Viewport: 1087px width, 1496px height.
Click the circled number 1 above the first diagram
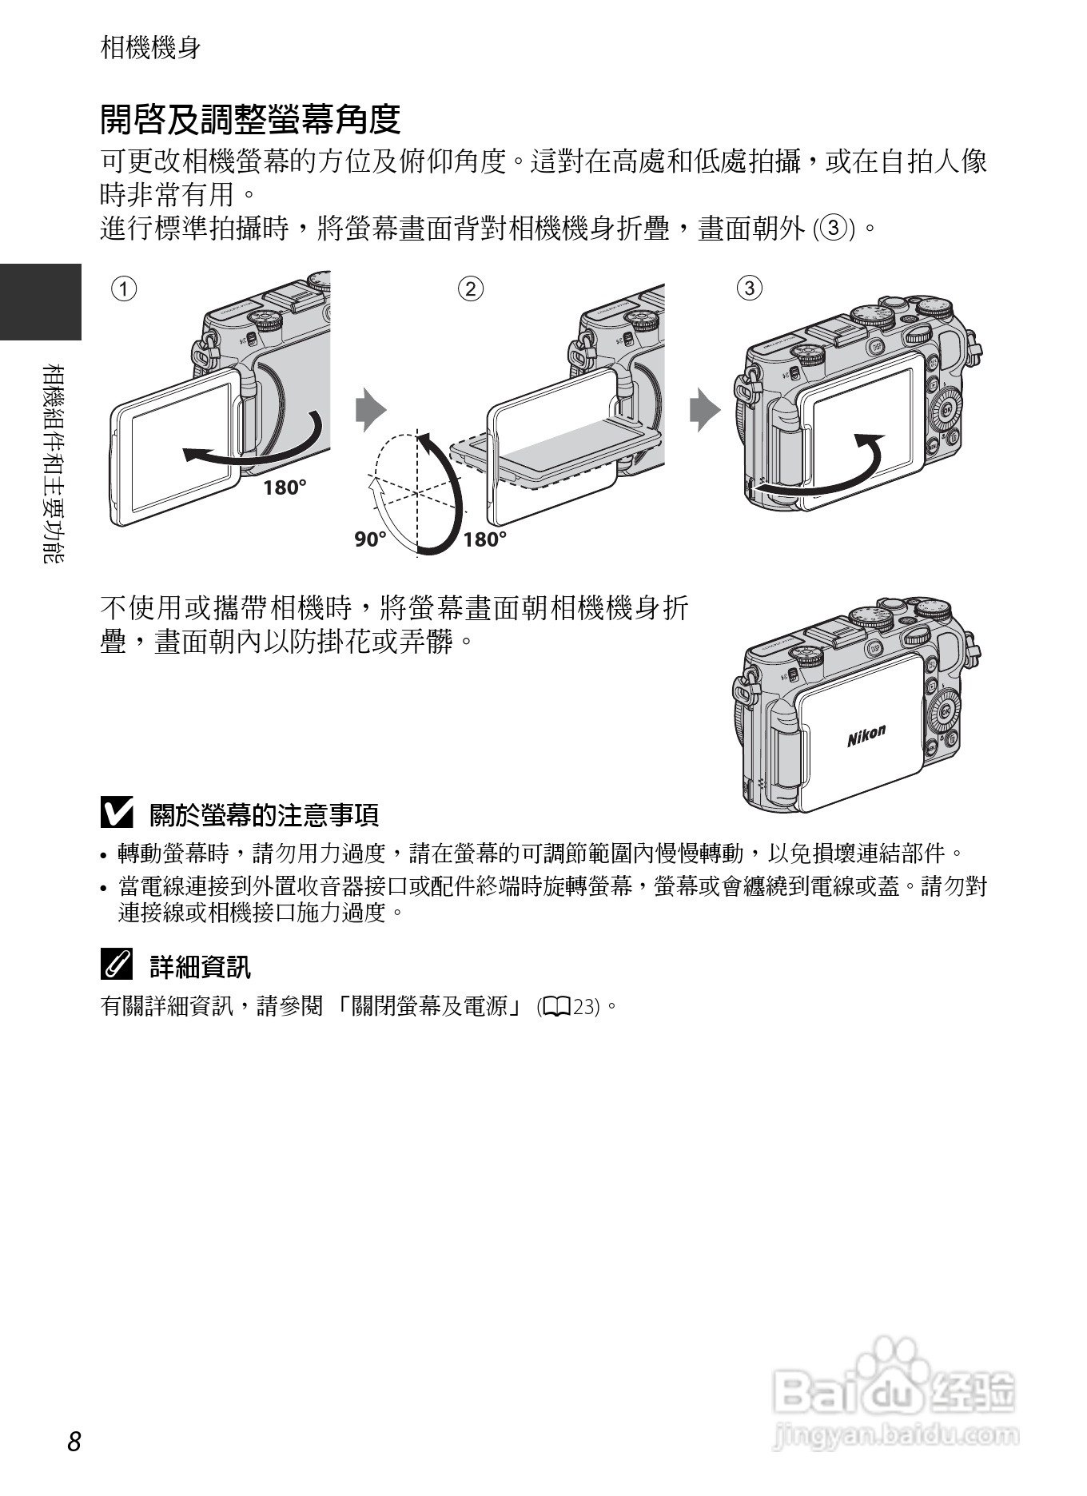tap(124, 288)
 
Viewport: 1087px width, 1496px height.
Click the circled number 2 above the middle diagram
tap(471, 288)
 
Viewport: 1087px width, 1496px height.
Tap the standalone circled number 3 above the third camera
tap(749, 288)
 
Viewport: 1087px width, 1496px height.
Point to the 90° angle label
tap(370, 540)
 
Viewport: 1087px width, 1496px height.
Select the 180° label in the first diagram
tap(285, 487)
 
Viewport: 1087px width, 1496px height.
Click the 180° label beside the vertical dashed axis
tap(485, 540)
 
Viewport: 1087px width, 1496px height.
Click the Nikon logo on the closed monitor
tap(866, 735)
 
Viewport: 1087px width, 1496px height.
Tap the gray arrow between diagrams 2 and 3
tap(704, 410)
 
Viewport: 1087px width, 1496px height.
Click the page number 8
tap(74, 1441)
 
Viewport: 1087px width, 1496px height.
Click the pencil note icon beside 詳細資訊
tap(117, 965)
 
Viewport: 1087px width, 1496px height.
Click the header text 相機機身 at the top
tap(150, 48)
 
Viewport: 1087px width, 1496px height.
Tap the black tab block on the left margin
tap(40, 302)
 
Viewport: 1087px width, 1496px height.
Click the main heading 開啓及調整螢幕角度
tap(250, 120)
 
